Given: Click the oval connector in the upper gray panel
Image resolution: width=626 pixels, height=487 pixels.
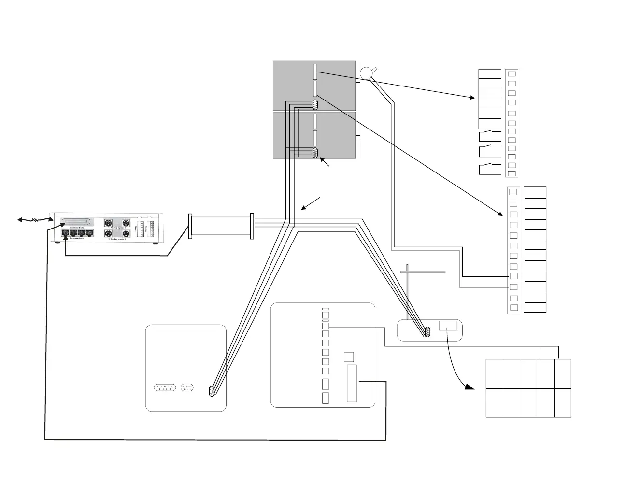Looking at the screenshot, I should [315, 104].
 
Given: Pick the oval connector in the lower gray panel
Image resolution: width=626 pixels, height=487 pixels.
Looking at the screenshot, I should [315, 153].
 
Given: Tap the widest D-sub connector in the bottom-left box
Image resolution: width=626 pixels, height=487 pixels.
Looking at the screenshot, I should [165, 387].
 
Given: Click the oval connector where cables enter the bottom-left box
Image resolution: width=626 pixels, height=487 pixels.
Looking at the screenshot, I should [212, 392].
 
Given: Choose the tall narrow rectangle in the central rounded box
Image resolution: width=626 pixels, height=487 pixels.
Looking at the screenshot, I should [352, 384].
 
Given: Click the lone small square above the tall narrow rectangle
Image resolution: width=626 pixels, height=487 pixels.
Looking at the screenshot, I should [348, 357].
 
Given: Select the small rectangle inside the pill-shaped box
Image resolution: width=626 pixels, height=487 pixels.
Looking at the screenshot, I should [448, 326].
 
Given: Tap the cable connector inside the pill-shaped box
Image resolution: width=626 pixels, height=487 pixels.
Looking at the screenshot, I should [427, 332].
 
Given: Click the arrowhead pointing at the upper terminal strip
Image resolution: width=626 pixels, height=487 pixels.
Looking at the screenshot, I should [473, 98].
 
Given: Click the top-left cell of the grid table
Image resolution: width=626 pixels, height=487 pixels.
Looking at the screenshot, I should [494, 374].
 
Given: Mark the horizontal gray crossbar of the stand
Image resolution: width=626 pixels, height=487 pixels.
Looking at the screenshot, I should [423, 272].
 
